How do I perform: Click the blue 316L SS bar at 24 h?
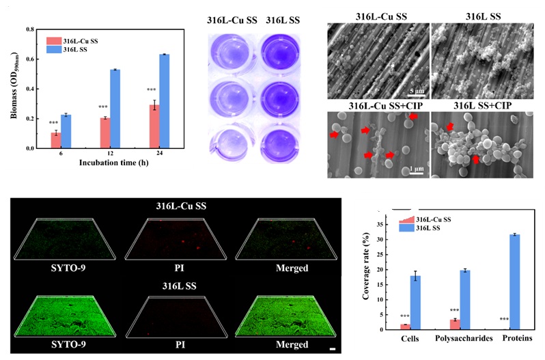tap(165, 101)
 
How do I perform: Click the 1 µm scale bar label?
tap(410, 168)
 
